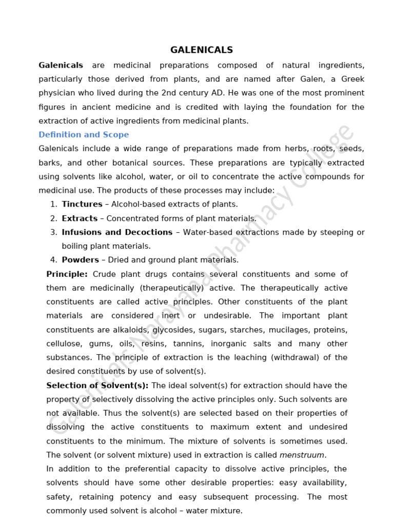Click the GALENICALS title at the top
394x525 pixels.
coord(202,50)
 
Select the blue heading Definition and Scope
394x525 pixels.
coord(84,134)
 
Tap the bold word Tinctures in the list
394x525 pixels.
coord(82,204)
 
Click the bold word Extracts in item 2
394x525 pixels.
coord(80,218)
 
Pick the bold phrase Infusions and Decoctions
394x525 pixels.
coord(117,232)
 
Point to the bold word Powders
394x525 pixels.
coord(81,260)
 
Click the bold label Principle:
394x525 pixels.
coord(67,274)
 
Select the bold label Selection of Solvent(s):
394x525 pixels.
coord(97,385)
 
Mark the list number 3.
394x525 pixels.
coord(54,232)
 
